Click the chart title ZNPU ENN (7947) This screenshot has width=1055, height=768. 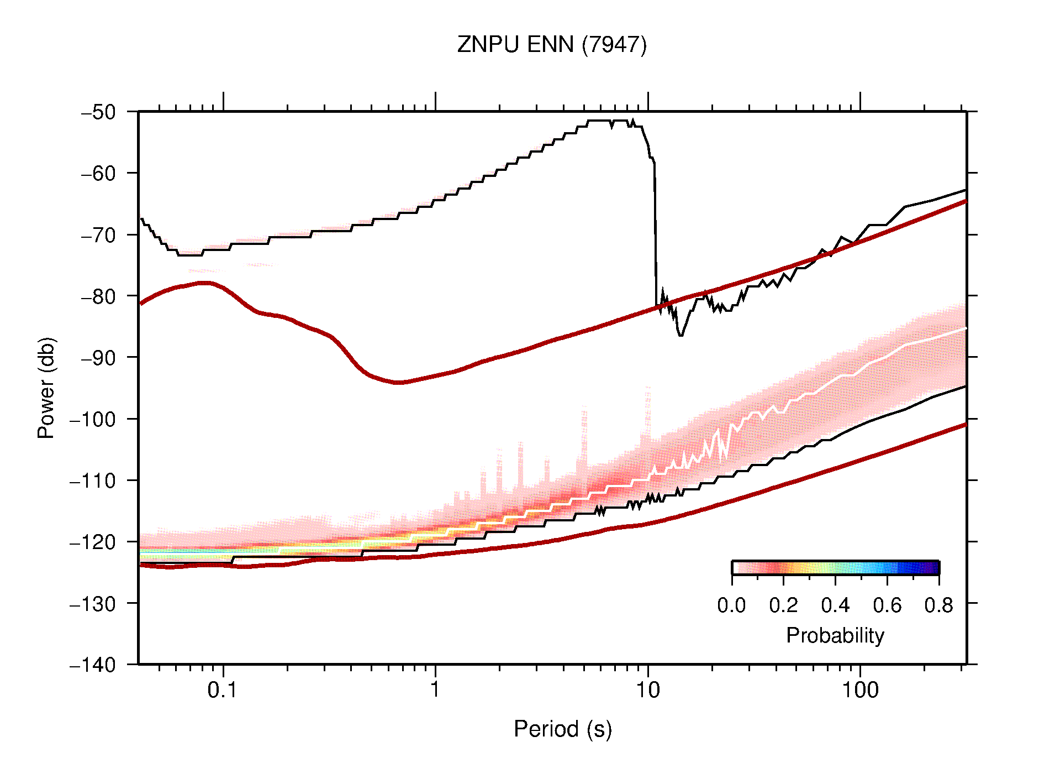click(551, 45)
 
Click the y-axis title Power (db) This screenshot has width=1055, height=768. click(46, 388)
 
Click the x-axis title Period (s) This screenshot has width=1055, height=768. click(562, 729)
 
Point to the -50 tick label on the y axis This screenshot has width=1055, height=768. click(99, 112)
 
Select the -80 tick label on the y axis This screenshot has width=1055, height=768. click(99, 296)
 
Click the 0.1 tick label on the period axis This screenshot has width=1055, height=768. click(223, 690)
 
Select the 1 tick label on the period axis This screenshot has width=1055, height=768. click(435, 690)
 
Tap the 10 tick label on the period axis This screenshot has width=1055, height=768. click(647, 690)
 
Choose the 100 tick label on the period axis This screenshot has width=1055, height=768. click(859, 690)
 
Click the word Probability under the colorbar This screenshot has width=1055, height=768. click(835, 635)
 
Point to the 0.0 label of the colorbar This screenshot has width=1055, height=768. click(731, 605)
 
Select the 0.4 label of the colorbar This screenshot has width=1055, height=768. click(835, 605)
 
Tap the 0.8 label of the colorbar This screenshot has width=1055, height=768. click(938, 605)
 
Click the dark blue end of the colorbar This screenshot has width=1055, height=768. click(933, 568)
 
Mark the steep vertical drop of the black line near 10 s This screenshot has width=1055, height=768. click(656, 232)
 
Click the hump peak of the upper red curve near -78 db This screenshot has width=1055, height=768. click(204, 283)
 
